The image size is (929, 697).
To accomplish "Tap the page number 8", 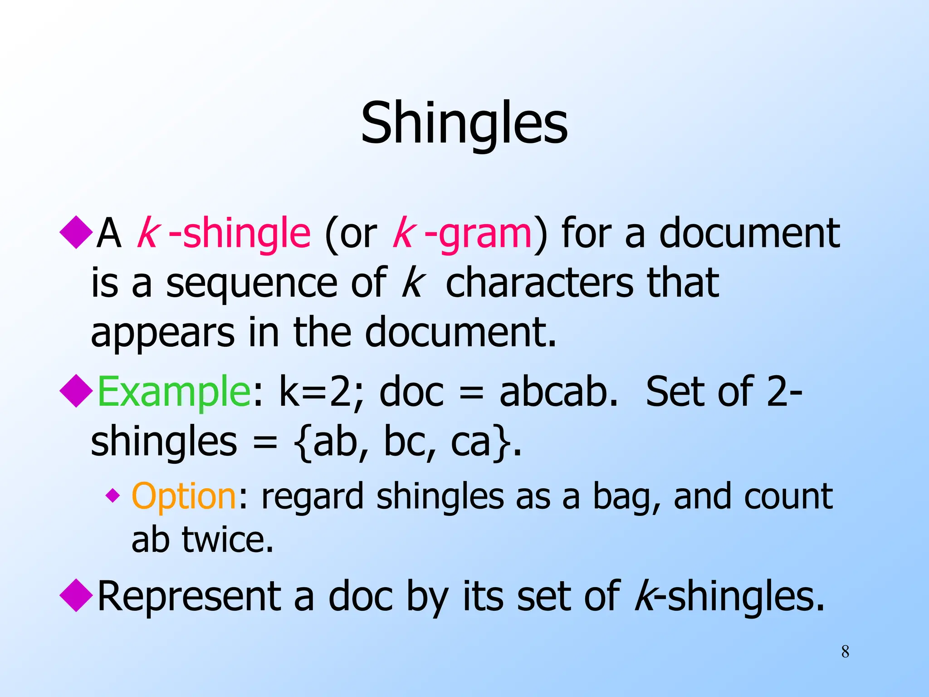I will point(845,652).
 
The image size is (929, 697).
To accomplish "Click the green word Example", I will point(173,391).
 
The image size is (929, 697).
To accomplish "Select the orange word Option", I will point(184,496).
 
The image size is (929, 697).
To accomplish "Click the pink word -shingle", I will point(240,233).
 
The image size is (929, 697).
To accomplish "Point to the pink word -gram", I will point(478,233).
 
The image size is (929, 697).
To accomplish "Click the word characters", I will point(539,282).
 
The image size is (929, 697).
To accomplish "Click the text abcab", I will point(559,391).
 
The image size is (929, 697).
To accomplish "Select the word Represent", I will point(189,596).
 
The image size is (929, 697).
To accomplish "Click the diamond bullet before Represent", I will point(76,595).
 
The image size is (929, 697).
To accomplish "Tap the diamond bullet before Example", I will point(76,391).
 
